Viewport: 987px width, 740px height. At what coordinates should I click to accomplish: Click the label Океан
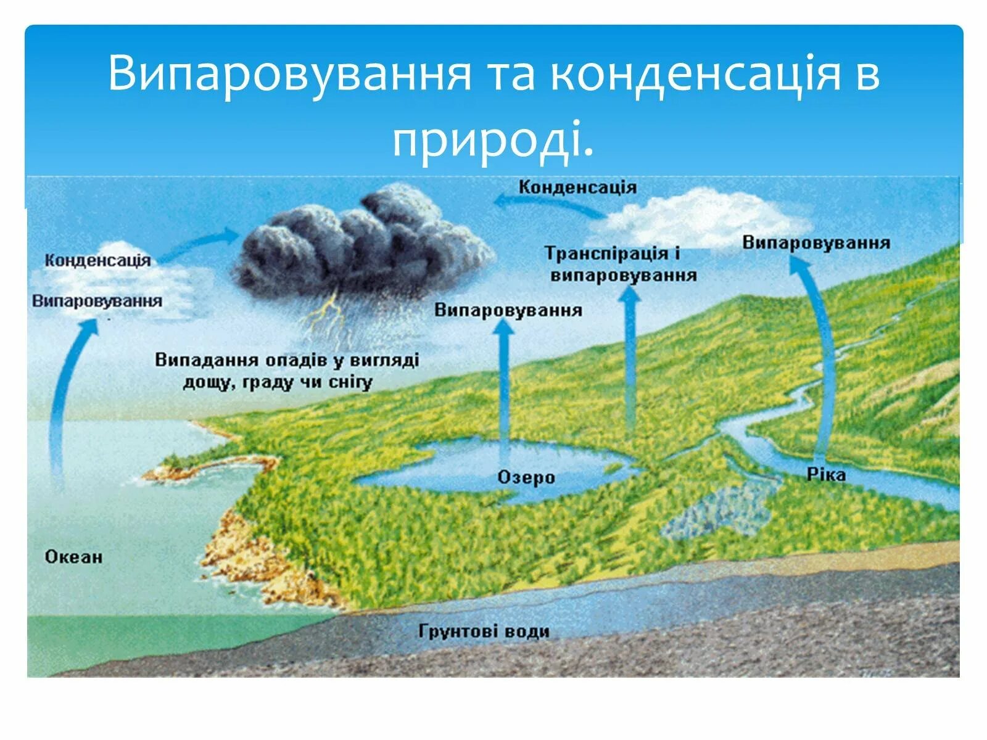(73, 557)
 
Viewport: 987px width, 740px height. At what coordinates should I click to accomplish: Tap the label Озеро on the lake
(526, 477)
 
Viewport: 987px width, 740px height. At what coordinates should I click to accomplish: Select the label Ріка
(825, 474)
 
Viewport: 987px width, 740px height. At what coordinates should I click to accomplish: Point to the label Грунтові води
(484, 631)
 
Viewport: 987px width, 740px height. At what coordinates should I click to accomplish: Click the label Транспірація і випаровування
(622, 264)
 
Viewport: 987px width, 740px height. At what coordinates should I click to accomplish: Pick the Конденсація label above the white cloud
(577, 187)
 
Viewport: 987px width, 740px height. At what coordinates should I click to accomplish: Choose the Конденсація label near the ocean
(97, 260)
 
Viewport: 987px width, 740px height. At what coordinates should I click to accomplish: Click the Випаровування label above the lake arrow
(508, 310)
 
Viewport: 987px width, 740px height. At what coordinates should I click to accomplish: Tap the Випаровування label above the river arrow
(816, 242)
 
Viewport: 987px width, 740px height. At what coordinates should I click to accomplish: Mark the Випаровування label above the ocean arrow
(97, 302)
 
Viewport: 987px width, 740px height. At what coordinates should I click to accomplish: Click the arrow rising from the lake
(505, 382)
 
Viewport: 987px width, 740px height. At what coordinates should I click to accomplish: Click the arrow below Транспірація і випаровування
(630, 358)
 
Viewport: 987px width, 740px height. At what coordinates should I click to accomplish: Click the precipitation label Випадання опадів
(287, 371)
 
